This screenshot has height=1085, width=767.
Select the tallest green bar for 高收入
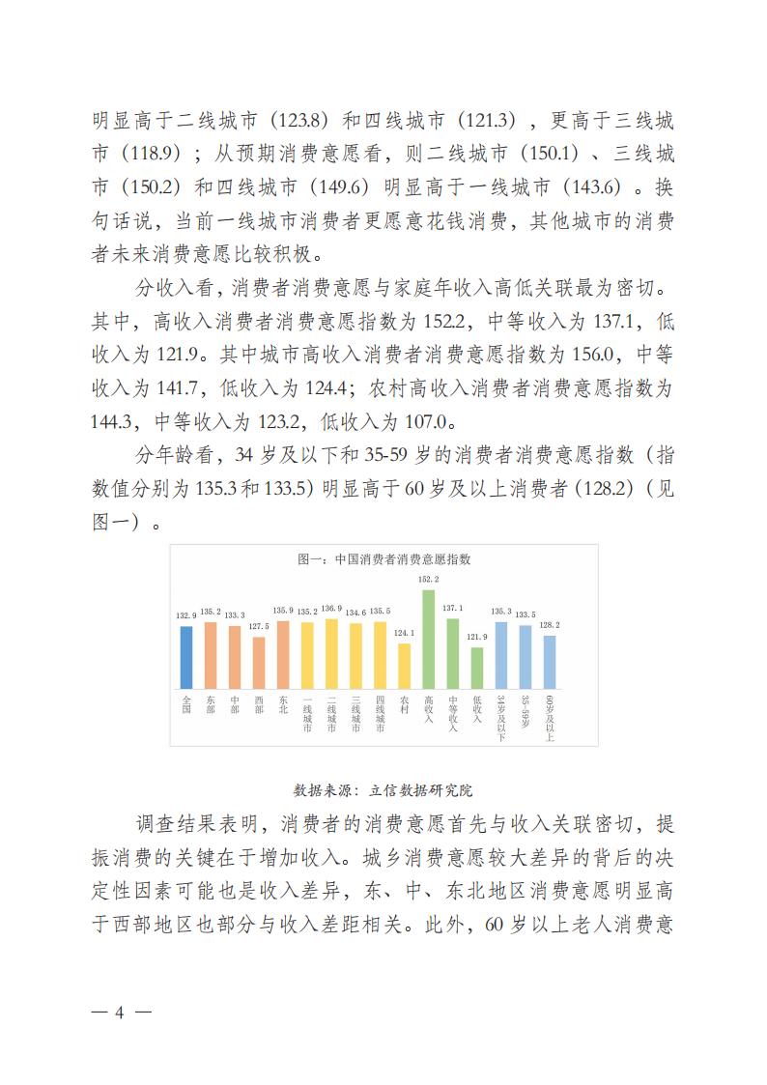point(428,638)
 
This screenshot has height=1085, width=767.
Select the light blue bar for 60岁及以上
point(549,661)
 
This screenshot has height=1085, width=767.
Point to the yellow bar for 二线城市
point(331,653)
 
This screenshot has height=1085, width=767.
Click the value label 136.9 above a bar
point(331,609)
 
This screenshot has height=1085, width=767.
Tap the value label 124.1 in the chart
point(404,634)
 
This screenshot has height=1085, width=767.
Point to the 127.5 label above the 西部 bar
point(259,626)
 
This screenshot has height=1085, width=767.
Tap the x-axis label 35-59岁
point(525,711)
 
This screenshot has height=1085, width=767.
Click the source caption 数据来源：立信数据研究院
point(383,789)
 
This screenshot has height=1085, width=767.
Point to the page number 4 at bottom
point(121,1013)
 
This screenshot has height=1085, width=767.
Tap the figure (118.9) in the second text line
point(145,154)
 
